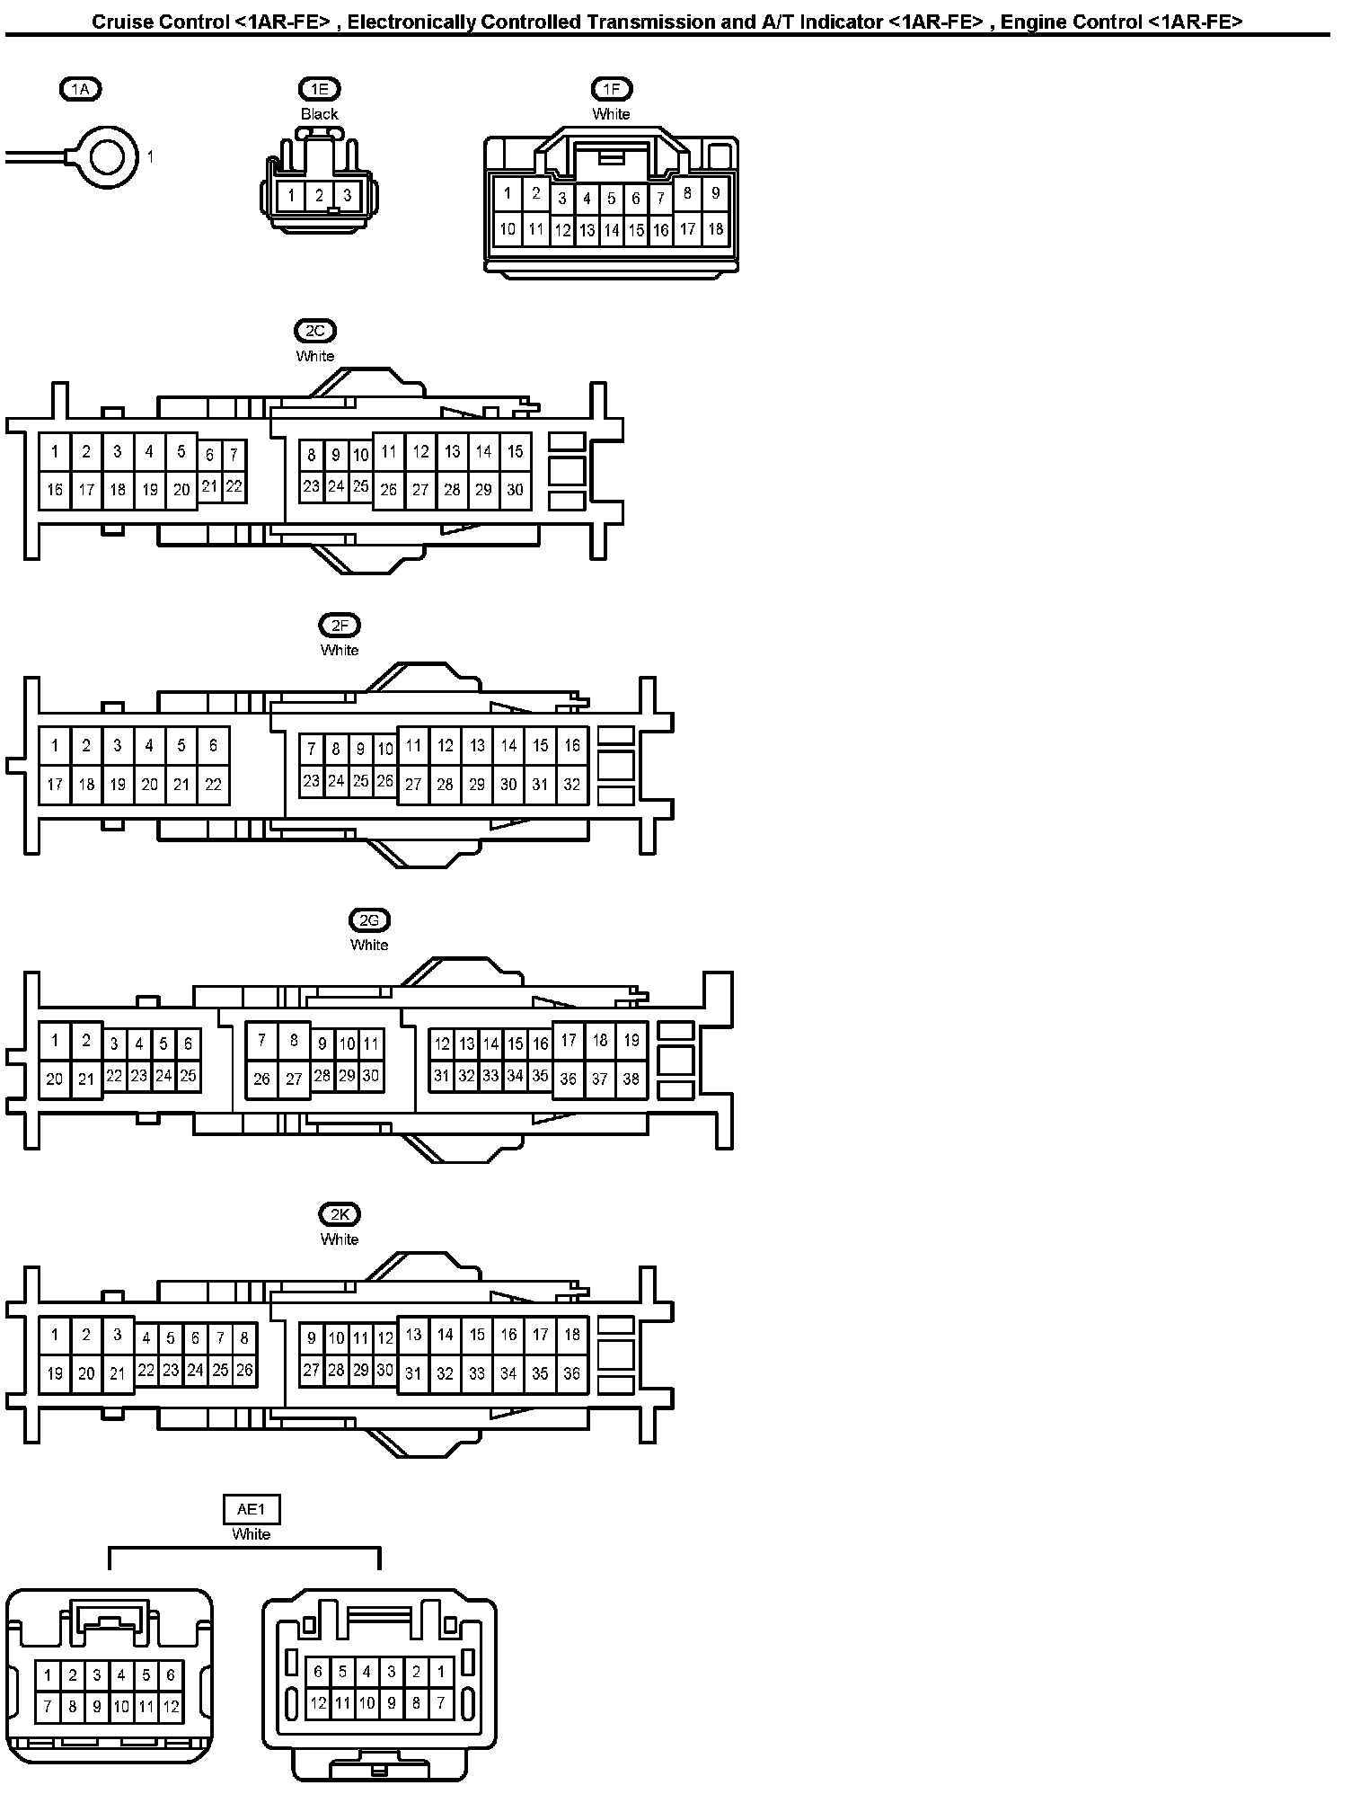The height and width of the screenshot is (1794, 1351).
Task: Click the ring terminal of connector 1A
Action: pos(108,157)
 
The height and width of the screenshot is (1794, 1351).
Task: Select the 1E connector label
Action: pos(320,88)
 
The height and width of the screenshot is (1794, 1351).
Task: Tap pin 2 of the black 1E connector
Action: pos(319,195)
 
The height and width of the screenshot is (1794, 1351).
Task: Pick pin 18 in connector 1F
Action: pos(715,228)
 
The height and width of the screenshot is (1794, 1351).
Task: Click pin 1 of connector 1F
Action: pos(508,192)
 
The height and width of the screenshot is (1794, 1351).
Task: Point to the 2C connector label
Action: pos(314,331)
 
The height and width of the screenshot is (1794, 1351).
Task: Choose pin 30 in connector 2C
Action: pos(515,490)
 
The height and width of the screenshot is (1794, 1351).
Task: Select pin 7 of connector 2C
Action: pos(234,455)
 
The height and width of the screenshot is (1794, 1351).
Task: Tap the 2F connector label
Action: pos(340,625)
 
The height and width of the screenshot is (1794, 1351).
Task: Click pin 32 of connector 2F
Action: pos(572,785)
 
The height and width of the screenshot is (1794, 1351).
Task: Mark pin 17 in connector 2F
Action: pos(55,785)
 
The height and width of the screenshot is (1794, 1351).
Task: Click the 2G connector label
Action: pos(369,919)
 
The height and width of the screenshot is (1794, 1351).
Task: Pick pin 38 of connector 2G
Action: pos(631,1079)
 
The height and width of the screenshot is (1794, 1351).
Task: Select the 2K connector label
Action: pos(340,1214)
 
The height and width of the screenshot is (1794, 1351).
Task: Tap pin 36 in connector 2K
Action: pos(572,1373)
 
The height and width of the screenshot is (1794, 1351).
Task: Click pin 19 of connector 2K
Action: pos(55,1373)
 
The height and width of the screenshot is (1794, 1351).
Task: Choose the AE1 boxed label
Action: pos(251,1509)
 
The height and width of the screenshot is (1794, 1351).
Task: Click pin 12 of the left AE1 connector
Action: pos(171,1706)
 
